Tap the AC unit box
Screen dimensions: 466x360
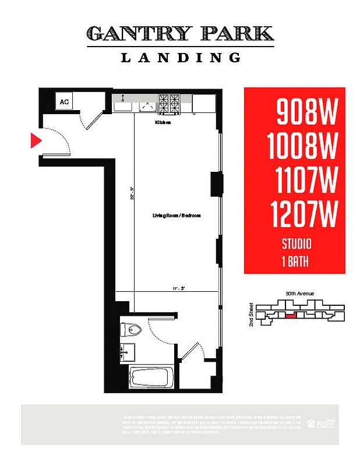64,102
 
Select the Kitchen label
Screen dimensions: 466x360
163,123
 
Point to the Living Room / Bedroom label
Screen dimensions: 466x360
177,216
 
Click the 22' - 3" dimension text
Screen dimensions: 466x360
132,193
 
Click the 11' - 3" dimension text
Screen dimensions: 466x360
178,288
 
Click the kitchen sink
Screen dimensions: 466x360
123,104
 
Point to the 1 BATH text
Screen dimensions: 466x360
295,262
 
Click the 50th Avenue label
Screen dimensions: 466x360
300,294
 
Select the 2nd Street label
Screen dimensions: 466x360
251,314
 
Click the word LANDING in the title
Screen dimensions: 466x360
180,57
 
